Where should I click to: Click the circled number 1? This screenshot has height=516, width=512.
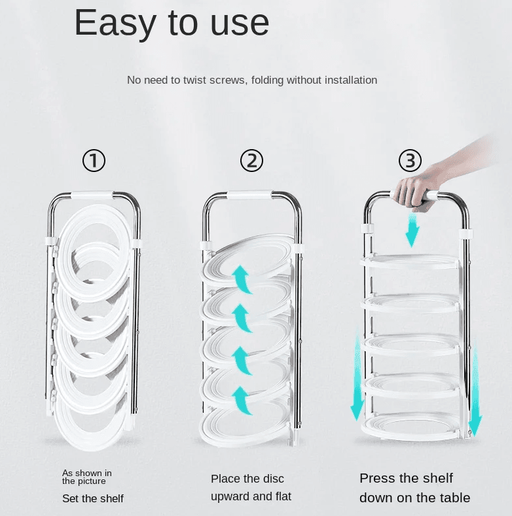pos(94,161)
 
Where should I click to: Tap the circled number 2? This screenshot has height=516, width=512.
pos(251,161)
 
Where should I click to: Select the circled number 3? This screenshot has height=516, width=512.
pos(411,161)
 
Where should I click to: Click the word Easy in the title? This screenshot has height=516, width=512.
pos(115,24)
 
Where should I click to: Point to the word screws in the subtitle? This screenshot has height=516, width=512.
pos(228,80)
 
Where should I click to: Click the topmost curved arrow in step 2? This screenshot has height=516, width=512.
pos(242,279)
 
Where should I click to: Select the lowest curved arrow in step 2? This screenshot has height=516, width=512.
pos(242,400)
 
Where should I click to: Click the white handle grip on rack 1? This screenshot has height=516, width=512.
pos(92,195)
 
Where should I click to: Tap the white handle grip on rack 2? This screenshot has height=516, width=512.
pos(249,194)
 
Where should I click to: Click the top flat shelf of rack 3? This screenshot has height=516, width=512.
pos(411,262)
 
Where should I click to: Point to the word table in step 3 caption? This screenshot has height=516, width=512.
pos(452,498)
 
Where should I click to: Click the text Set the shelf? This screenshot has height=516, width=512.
pos(93,498)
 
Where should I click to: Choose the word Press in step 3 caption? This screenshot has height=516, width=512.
pos(376,478)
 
